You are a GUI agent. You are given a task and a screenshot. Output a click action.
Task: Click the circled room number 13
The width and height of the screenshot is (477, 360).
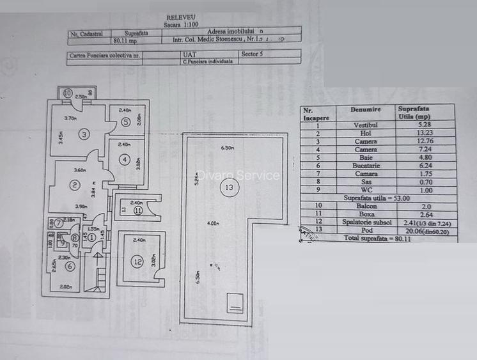click(x=230, y=187)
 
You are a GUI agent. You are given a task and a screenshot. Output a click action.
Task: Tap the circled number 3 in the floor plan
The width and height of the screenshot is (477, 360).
click(x=84, y=134)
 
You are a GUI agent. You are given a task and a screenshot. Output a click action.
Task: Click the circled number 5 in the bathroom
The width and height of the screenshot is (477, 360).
click(x=126, y=121)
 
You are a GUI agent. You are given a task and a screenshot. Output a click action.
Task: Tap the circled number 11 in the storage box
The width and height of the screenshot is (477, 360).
click(x=138, y=210)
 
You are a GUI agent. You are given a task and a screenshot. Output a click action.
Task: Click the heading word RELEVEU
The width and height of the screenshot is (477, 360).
click(x=182, y=19)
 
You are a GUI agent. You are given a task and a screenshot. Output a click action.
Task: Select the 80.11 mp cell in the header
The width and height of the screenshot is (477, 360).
click(x=125, y=40)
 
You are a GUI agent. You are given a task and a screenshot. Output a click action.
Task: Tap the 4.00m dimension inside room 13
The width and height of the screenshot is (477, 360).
click(x=213, y=224)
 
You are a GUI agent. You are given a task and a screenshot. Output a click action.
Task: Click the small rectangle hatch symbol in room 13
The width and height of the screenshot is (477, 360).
click(x=235, y=303)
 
